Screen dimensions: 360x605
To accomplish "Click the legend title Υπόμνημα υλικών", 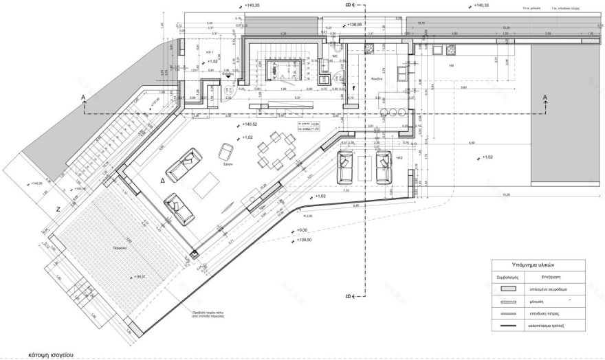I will [x=538, y=265].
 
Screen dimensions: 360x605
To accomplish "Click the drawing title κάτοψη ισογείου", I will [x=52, y=355].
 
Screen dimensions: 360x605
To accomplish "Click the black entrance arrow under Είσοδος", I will [x=228, y=78].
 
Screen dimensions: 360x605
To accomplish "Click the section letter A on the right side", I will [x=544, y=98].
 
